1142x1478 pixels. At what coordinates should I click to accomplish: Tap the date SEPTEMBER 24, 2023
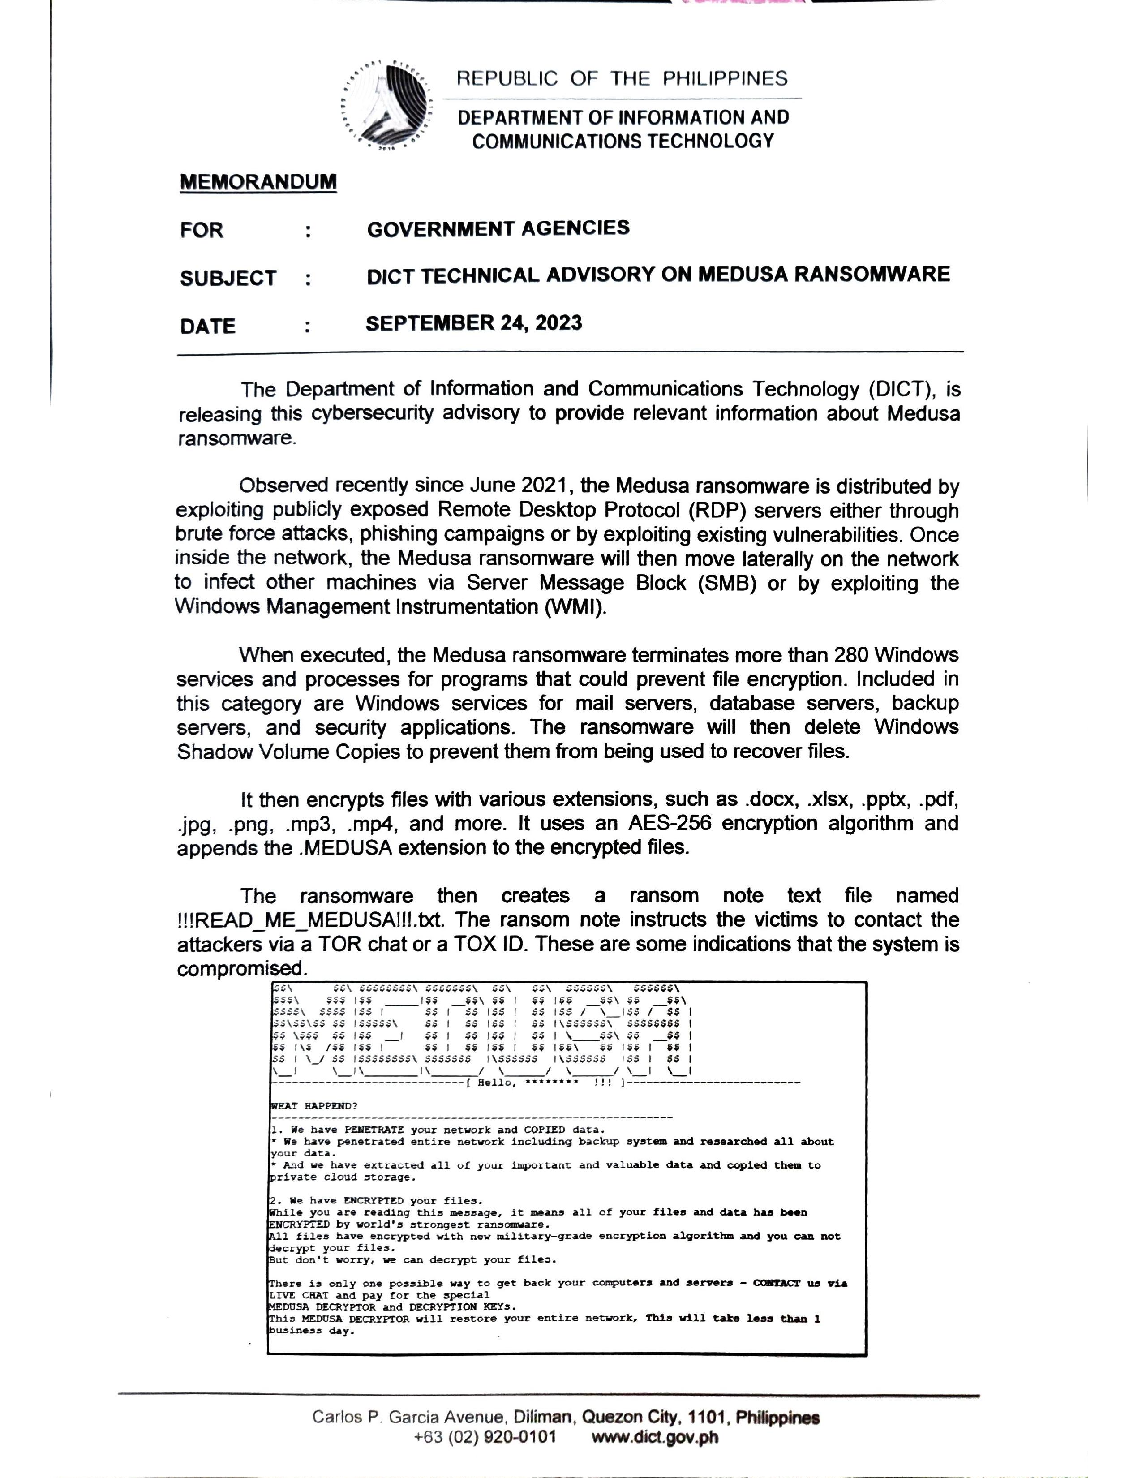[473, 323]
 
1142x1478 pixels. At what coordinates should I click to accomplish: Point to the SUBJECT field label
[228, 278]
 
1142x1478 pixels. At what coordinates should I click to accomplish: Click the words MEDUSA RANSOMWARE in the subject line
[823, 274]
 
